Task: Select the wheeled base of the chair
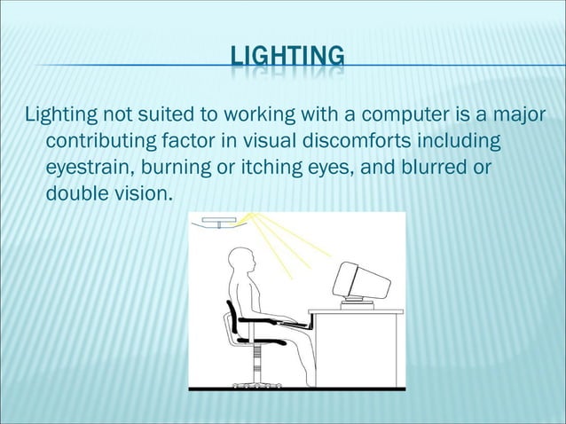coord(256,382)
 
